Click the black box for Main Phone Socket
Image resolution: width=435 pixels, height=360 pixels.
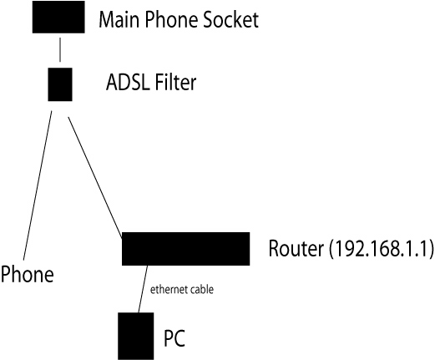(58, 17)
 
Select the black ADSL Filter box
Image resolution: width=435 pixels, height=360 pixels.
(60, 84)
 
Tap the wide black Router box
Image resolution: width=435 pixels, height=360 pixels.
(186, 249)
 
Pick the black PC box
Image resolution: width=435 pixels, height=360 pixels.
(136, 336)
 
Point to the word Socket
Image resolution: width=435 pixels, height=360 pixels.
(230, 19)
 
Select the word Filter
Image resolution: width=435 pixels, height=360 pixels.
(175, 82)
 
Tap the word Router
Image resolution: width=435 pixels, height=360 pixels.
(296, 248)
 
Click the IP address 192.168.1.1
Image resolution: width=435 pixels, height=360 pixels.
(381, 248)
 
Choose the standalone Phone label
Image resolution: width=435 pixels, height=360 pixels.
(27, 274)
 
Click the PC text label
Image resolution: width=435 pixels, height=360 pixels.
(175, 338)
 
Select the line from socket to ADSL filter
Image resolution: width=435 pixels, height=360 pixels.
(60, 50)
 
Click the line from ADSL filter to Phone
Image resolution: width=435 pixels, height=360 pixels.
(38, 185)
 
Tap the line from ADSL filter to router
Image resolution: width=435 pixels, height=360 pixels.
(95, 178)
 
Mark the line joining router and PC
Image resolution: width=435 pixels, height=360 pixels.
(143, 289)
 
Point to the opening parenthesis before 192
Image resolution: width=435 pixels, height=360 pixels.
(331, 249)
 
